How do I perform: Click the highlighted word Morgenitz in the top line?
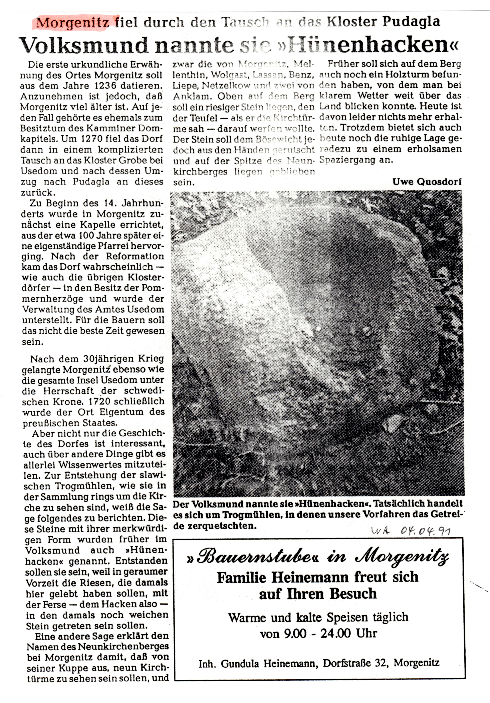coord(73,22)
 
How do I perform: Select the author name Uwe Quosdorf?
coord(427,182)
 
